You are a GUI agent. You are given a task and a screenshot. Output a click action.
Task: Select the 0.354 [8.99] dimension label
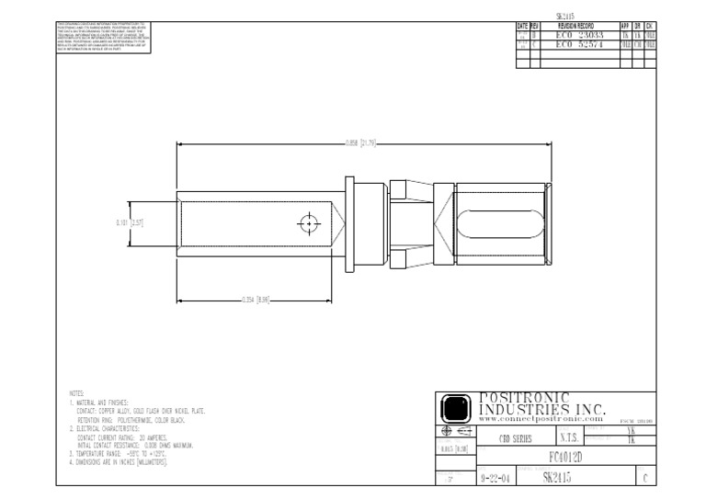[x=255, y=300]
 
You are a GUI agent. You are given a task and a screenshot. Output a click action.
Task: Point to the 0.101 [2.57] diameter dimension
[x=131, y=222]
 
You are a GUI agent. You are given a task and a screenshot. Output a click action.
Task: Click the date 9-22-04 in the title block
[x=497, y=478]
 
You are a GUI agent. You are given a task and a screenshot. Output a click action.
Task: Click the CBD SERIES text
[x=516, y=439]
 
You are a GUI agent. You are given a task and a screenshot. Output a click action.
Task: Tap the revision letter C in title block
[x=645, y=478]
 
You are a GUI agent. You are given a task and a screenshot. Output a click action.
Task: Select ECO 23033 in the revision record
[x=577, y=34]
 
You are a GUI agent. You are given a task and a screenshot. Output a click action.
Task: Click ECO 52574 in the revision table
[x=577, y=43]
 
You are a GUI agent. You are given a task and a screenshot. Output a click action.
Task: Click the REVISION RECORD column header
[x=576, y=26]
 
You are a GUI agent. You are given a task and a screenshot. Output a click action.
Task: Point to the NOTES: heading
[x=76, y=392]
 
